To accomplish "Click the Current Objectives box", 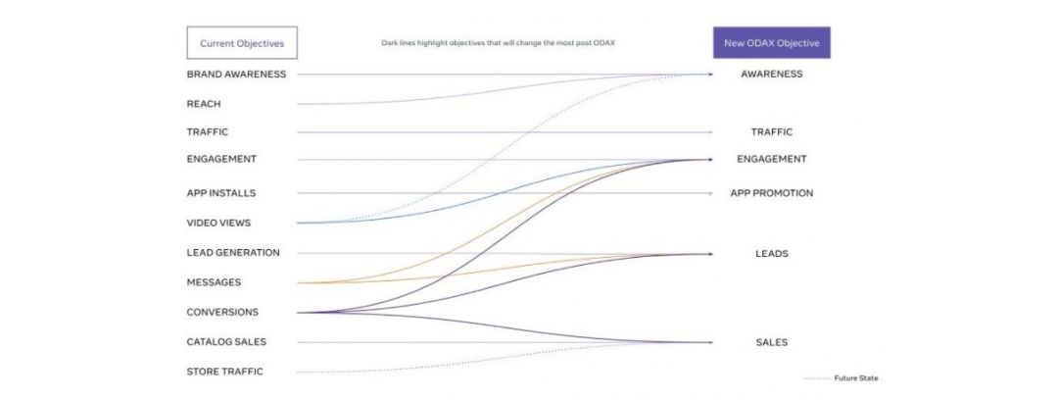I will click(x=242, y=43).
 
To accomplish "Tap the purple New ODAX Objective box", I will click(x=772, y=43).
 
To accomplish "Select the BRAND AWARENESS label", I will click(x=236, y=75).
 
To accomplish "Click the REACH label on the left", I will click(x=204, y=103).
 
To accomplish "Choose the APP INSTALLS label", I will click(x=221, y=193).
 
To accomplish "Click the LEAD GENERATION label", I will click(x=233, y=253).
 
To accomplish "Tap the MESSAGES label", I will click(x=214, y=282).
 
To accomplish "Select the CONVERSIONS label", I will click(x=222, y=313).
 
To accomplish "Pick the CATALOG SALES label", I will click(x=226, y=342).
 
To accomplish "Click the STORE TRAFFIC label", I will click(x=224, y=372).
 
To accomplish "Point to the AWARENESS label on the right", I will click(x=772, y=75).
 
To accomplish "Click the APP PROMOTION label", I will click(x=772, y=193).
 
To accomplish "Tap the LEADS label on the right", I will click(x=772, y=254).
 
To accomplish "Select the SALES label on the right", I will click(x=772, y=342).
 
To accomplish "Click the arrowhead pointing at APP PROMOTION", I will click(x=711, y=193).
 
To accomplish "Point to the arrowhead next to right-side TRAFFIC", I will click(x=711, y=132).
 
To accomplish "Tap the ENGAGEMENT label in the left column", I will click(x=221, y=159).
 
